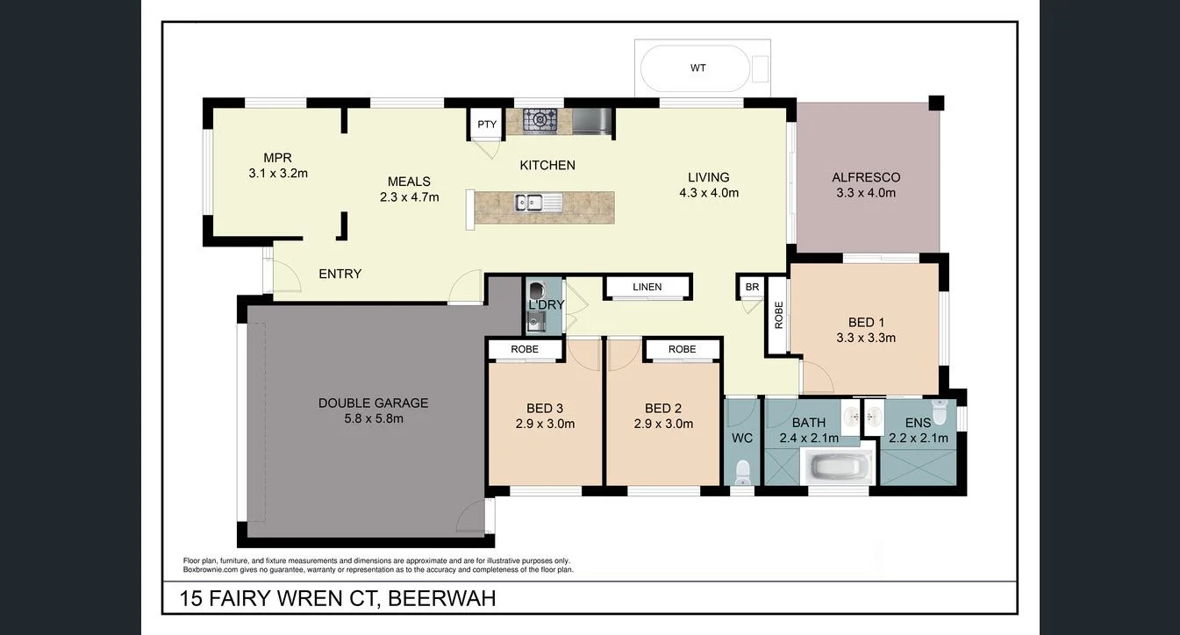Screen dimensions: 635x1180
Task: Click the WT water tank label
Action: point(698,68)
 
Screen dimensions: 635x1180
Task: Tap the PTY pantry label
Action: point(487,125)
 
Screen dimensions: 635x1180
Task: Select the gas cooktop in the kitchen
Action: point(537,119)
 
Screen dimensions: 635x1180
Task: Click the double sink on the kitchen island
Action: point(532,203)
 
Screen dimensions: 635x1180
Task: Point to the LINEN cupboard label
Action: point(647,287)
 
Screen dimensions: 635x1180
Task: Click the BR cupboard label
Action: point(752,287)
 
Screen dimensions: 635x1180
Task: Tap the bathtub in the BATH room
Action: point(839,467)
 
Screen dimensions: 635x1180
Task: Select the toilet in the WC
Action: point(742,472)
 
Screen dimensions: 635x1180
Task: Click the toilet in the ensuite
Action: point(939,412)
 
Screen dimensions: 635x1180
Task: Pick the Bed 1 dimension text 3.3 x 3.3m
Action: point(866,338)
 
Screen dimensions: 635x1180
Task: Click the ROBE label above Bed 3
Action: point(525,349)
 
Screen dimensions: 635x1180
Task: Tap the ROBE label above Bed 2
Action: point(682,349)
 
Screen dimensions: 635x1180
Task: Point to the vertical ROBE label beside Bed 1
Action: point(778,316)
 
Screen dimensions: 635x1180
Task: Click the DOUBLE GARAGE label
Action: point(373,403)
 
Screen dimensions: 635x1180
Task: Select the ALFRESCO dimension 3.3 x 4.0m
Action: point(866,193)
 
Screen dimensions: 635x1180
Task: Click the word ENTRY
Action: point(340,274)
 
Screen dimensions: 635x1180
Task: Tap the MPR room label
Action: point(277,158)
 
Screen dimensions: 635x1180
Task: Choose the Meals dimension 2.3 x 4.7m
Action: point(409,197)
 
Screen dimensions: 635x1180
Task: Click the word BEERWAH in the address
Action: point(442,599)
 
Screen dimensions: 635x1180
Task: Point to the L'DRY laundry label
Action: point(546,305)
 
